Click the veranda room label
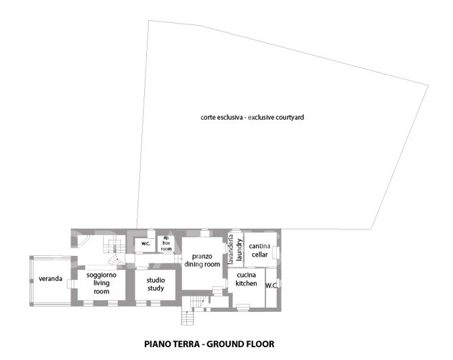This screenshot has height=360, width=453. coord(51,279)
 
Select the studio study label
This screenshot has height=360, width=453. coord(156,283)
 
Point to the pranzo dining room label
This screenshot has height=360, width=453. coord(202,261)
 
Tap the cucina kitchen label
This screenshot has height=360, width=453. coord(246,279)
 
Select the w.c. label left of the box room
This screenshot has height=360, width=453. coord(145,243)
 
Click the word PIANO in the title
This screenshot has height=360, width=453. coord(160,344)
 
